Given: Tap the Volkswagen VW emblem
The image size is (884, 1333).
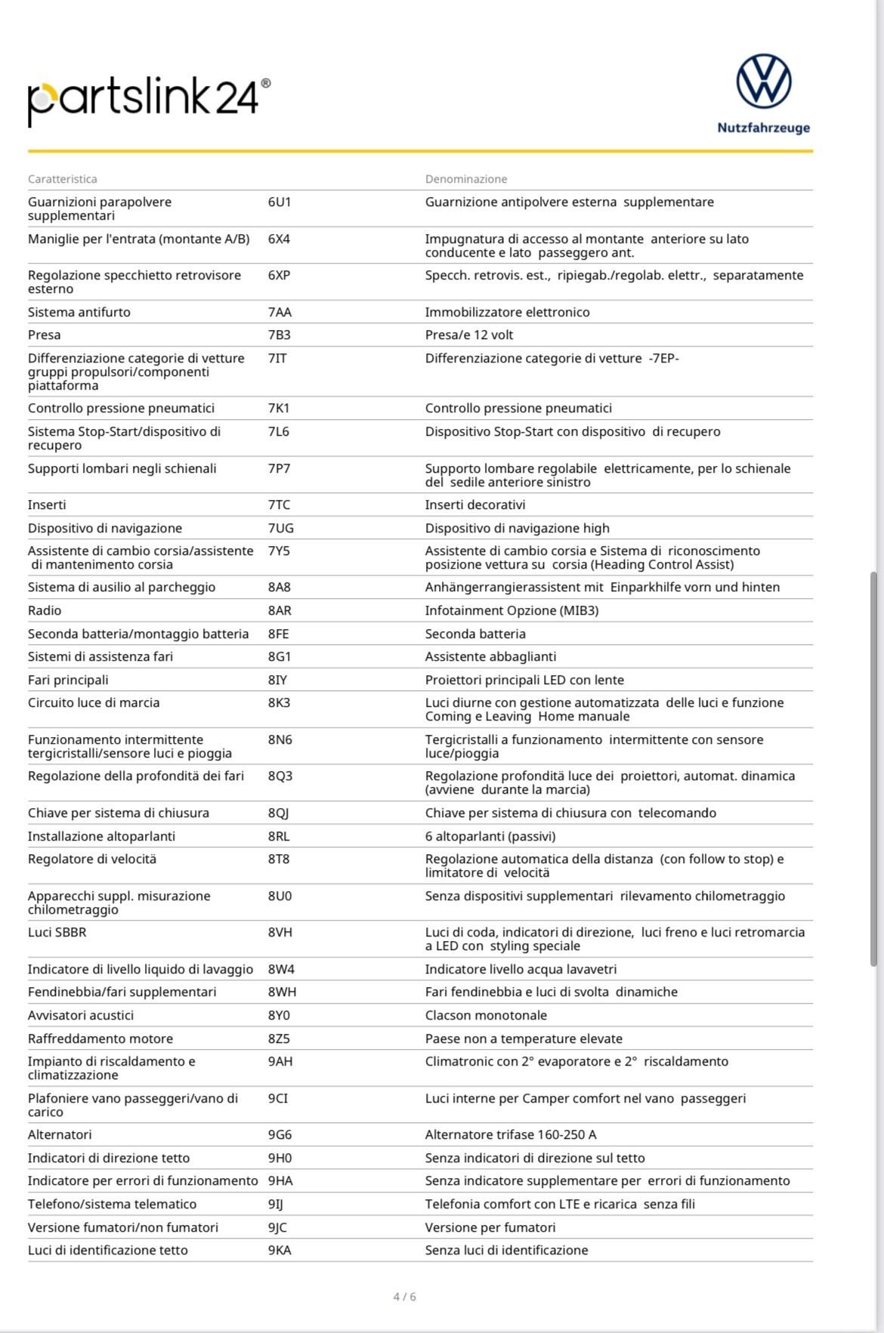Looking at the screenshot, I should pyautogui.click(x=763, y=81).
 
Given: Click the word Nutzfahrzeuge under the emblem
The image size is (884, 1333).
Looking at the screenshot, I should pyautogui.click(x=763, y=128).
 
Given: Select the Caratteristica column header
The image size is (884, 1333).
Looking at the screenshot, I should pyautogui.click(x=63, y=179).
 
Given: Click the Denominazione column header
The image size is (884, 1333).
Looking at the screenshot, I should pyautogui.click(x=466, y=179).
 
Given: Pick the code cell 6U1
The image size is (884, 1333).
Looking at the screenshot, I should pyautogui.click(x=279, y=202).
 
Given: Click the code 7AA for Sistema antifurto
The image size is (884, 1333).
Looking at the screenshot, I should pyautogui.click(x=280, y=312).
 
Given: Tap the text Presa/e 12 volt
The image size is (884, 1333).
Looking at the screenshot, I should pyautogui.click(x=469, y=335).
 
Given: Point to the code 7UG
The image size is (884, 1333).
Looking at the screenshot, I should pyautogui.click(x=280, y=528).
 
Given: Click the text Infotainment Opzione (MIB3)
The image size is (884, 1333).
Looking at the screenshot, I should pyautogui.click(x=512, y=610).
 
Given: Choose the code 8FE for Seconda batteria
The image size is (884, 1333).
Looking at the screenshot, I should pyautogui.click(x=278, y=634).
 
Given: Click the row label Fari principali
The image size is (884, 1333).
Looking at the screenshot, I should pyautogui.click(x=68, y=680).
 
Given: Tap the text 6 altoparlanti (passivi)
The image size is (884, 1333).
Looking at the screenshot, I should pyautogui.click(x=490, y=836).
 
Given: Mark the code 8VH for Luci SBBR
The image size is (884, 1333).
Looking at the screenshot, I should pyautogui.click(x=280, y=932).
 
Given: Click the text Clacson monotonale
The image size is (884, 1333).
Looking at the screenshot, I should pyautogui.click(x=486, y=1015).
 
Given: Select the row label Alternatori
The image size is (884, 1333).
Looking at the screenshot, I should pyautogui.click(x=60, y=1134).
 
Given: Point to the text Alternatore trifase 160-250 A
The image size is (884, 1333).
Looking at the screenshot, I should pyautogui.click(x=511, y=1134).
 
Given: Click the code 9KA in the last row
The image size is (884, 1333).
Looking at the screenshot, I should pyautogui.click(x=279, y=1250).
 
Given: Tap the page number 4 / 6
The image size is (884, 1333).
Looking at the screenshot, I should pyautogui.click(x=404, y=1297).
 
